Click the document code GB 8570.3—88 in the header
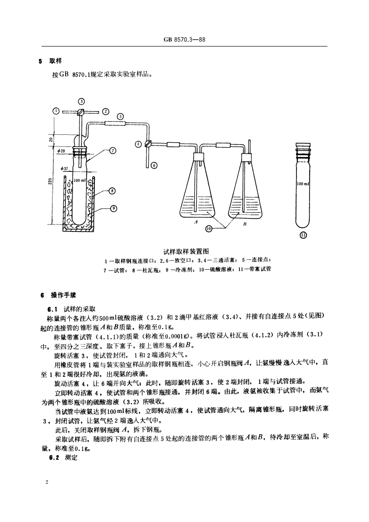pyautogui.click(x=184, y=40)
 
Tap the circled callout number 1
pyautogui.click(x=56, y=111)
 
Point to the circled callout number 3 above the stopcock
pyautogui.click(x=81, y=101)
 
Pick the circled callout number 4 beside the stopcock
pyautogui.click(x=138, y=144)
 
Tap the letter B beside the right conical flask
pyautogui.click(x=244, y=224)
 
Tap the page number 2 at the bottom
pyautogui.click(x=46, y=482)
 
